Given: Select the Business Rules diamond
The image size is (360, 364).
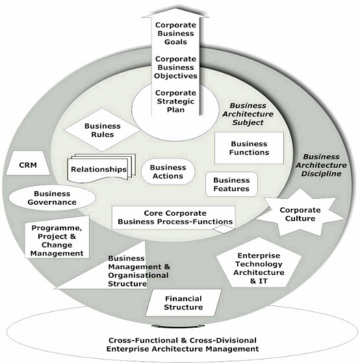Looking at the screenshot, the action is pos(103,130).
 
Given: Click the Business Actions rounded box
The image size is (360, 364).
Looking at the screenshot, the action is pos(168,172).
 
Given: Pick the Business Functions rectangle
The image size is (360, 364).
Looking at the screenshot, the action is pos(249,148).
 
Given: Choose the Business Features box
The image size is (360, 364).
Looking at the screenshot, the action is pos(231,185).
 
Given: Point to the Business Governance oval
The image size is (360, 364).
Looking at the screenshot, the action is pos(52,198).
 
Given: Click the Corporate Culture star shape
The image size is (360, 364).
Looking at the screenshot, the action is pos(300,214).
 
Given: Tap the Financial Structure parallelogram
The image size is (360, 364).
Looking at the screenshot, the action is pos(183,303).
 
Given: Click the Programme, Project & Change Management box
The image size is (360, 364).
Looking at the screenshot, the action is pos(57,237).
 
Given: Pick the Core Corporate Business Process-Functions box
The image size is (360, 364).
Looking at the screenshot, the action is pos(174,218).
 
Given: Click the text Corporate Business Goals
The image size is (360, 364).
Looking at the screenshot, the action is pos(175,33).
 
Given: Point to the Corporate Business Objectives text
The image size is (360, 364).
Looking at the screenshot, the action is pos(175,68).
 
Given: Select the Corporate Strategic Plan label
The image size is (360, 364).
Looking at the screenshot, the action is pos(175,101).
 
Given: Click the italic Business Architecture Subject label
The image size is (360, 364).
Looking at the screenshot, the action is pos(248,114).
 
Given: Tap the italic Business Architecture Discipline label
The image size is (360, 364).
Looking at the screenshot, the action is pos(321,165).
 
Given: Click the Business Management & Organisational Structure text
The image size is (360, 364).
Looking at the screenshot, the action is pos(139,271).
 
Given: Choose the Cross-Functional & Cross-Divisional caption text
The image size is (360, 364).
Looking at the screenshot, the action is pos(183,344).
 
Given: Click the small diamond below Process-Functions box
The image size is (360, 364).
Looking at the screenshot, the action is pos(224,229).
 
